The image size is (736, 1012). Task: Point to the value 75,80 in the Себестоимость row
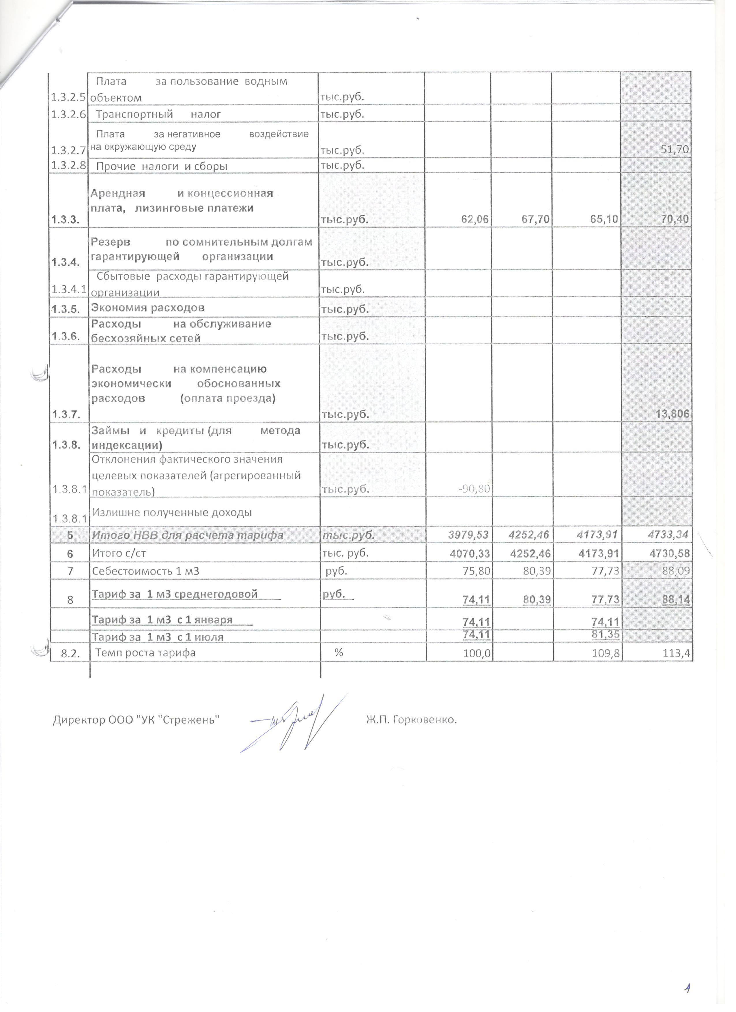click(x=477, y=571)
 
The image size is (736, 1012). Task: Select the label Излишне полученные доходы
click(x=171, y=512)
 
